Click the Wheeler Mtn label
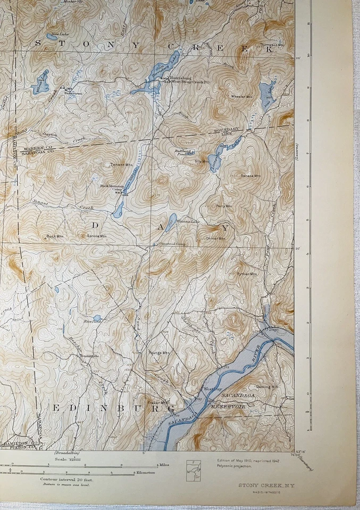(x=240, y=97)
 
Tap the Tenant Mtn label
(x=121, y=165)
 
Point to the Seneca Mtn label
(x=250, y=175)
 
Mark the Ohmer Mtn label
(x=215, y=239)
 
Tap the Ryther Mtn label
(x=247, y=274)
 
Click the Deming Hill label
(x=267, y=387)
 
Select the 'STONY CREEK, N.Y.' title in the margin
(x=260, y=484)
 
